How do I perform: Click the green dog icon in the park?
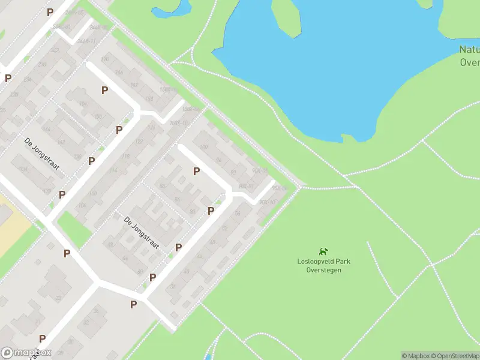[x=323, y=252]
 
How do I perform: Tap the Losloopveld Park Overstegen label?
[x=323, y=265]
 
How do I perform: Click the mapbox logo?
[x=26, y=353]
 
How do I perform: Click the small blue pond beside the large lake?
[x=171, y=10]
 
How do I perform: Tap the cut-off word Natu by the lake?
[x=469, y=50]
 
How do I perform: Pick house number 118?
[x=126, y=157]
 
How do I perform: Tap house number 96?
[x=219, y=160]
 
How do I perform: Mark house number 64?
[x=125, y=258]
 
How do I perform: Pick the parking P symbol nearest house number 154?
[x=105, y=90]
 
